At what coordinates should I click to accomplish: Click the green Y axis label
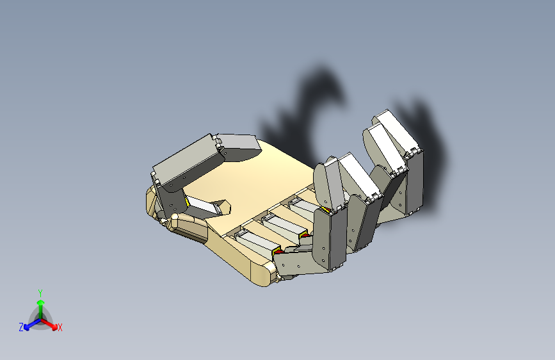pos(40,293)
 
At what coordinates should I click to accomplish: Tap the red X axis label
pos(60,328)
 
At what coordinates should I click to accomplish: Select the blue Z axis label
pos(21,327)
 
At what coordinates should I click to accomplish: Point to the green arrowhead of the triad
pos(41,303)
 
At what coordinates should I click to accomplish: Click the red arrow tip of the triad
pos(54,327)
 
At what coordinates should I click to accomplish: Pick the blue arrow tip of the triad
pos(26,327)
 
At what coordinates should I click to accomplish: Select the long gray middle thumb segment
pos(188,161)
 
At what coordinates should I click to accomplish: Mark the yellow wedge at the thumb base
pos(186,202)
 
